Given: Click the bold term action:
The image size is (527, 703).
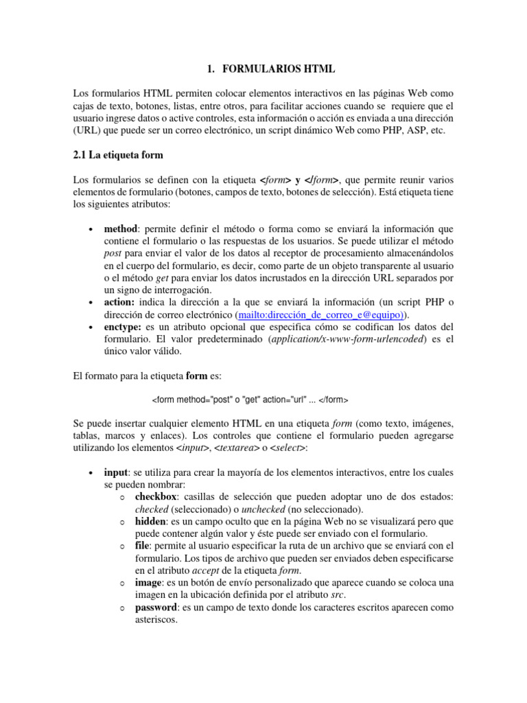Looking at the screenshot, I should [121, 302].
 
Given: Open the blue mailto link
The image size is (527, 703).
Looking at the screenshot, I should [320, 314].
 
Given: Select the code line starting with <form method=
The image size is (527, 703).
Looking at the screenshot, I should [250, 400].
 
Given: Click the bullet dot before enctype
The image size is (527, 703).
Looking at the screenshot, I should [91, 327].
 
